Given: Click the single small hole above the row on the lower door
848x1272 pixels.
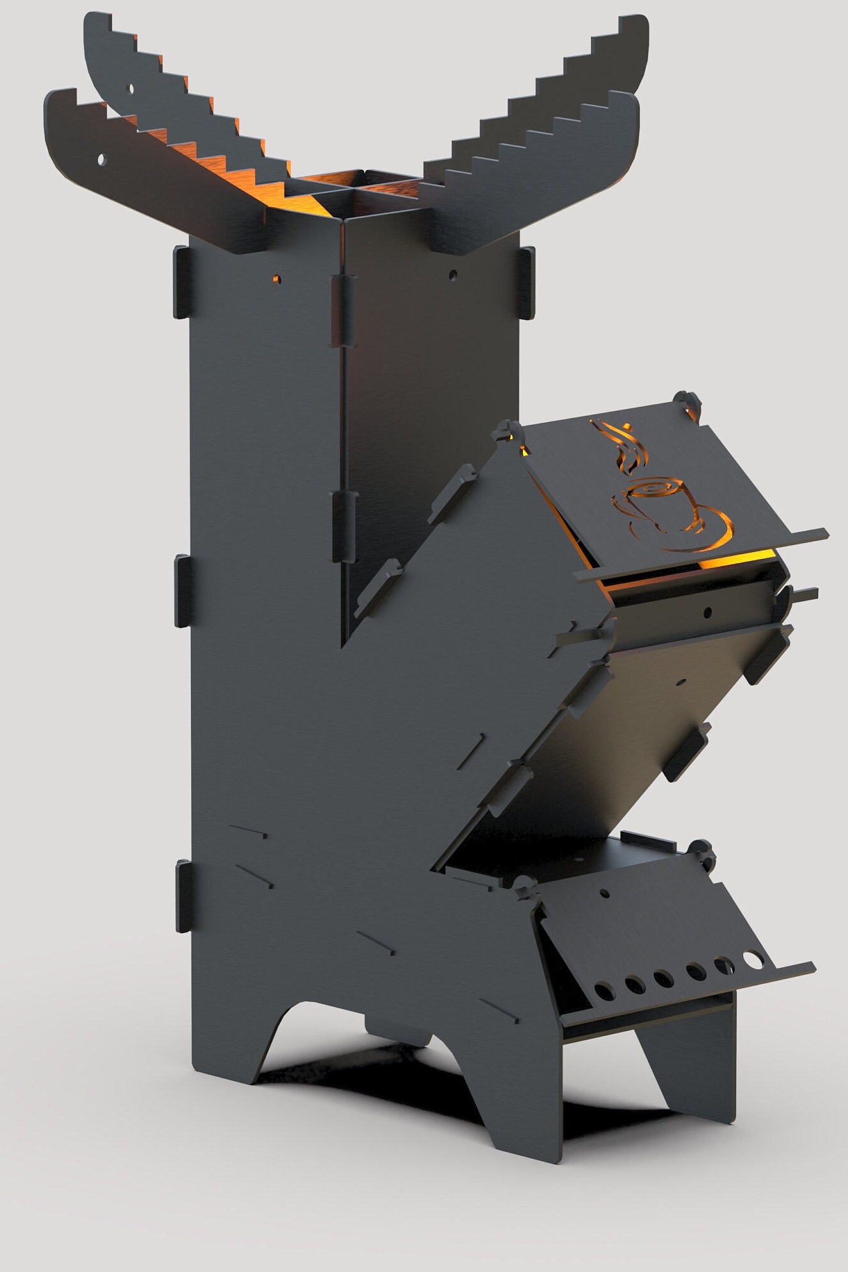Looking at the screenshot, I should point(604,894).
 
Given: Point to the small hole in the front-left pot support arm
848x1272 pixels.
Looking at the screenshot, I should point(101,159).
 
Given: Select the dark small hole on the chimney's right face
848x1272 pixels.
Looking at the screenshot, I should point(452,275).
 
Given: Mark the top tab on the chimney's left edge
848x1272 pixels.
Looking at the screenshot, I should point(181,282).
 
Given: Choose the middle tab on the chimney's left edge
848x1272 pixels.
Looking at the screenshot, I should point(183,591).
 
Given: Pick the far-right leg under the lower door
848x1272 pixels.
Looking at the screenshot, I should point(700,1081).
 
